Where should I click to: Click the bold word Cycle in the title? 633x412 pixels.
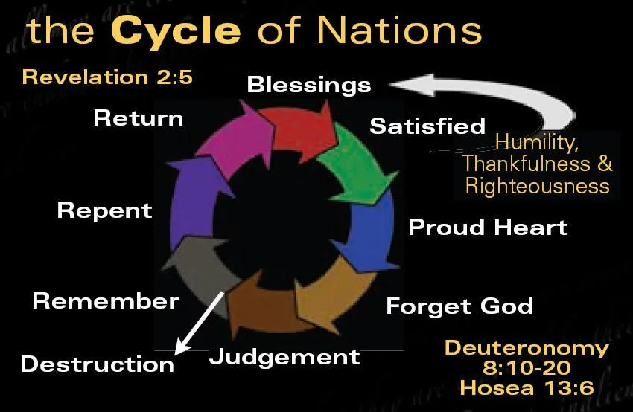[176, 31]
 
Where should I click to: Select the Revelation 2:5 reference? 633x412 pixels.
[107, 77]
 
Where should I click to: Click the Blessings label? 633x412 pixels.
[309, 85]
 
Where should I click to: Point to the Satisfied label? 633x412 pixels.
[427, 126]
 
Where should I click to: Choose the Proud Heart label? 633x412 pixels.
[488, 227]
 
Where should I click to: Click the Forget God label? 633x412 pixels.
[459, 306]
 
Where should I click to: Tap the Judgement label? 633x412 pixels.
[284, 357]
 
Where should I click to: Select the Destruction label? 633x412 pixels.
[98, 364]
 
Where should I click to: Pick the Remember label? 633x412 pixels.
[106, 301]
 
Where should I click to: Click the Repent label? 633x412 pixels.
[104, 211]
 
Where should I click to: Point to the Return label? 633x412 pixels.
[139, 118]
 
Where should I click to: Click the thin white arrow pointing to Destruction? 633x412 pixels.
[199, 324]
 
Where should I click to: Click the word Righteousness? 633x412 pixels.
[538, 186]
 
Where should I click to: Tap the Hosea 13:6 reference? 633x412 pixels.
[527, 387]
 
